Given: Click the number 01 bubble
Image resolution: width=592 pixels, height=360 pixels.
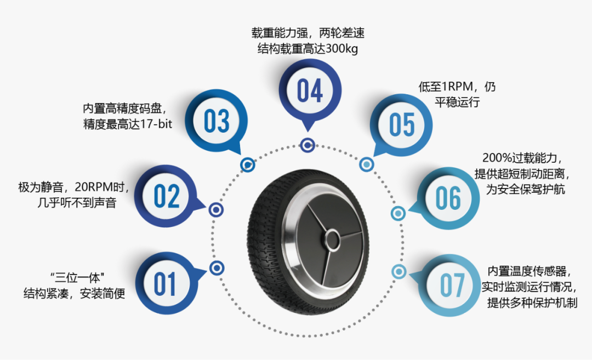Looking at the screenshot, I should coord(165,284).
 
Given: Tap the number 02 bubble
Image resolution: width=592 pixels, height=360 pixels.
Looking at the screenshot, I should coord(167,196).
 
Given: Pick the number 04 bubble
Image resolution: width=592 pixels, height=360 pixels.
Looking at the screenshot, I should coord(310,90).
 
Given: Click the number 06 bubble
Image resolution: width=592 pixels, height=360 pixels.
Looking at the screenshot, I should coord(448,198).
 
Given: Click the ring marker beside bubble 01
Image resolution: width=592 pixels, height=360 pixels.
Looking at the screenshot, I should coord(217,268).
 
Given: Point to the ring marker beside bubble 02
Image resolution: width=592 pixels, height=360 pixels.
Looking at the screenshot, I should coord(216,209).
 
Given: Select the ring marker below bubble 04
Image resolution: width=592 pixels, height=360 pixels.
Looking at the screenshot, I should coord(308,145).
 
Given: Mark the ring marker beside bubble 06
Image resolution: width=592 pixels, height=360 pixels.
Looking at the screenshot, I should coord(398,213).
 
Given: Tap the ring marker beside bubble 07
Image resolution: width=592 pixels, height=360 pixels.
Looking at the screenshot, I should coord(399,271).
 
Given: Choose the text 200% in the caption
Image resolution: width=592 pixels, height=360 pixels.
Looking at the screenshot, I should coord(496,158).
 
